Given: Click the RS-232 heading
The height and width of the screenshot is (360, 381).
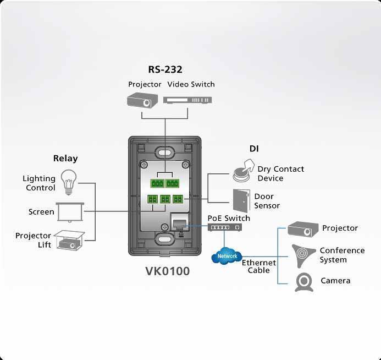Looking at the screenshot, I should (x=165, y=69).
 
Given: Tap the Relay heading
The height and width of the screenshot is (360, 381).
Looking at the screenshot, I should (x=65, y=159).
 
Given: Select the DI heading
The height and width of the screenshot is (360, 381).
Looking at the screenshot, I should (x=253, y=149).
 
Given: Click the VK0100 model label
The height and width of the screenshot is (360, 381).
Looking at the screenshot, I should (x=168, y=271).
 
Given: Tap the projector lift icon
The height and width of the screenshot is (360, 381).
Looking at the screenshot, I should (x=69, y=239).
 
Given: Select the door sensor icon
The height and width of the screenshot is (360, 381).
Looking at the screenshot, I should (x=240, y=201).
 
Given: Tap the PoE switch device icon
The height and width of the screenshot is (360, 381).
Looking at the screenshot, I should (x=227, y=228).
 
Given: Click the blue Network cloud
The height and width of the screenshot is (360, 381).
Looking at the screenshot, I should (x=227, y=256).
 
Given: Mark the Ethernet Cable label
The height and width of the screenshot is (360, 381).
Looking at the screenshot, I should (x=259, y=266).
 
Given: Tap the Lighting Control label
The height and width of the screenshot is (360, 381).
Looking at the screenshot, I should (x=39, y=183).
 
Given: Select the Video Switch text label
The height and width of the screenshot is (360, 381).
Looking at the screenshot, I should (x=191, y=84).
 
